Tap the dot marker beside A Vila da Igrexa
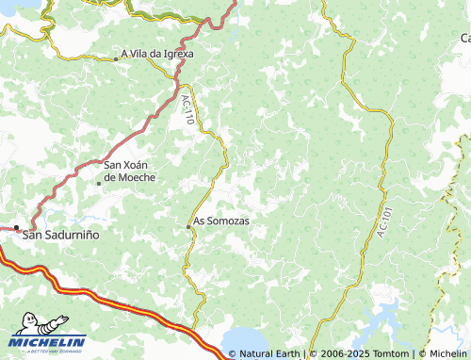116,57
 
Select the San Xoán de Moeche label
130,171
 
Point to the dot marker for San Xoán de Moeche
98,183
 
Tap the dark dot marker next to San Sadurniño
16,227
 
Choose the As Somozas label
221,222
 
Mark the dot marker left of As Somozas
187,225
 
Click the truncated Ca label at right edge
464,39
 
